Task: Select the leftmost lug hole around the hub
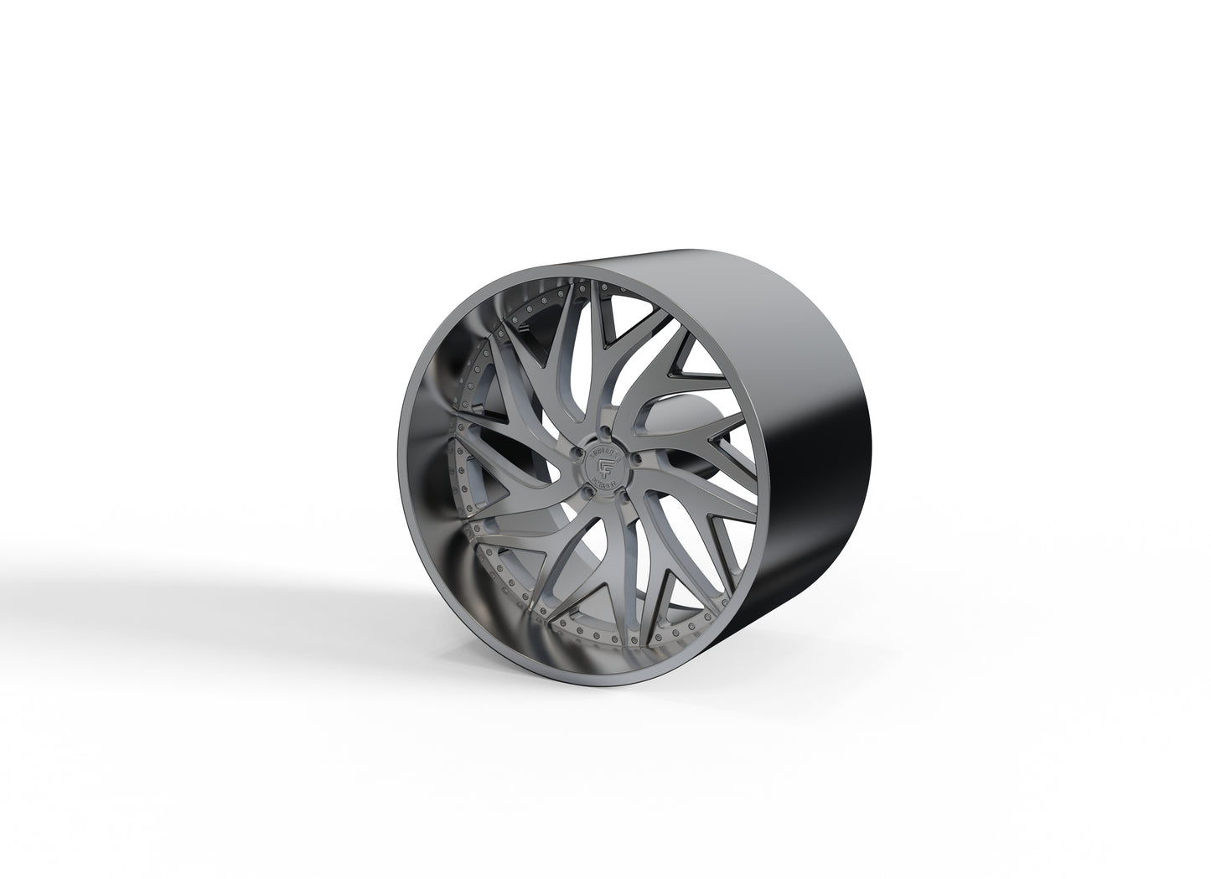tap(578, 452)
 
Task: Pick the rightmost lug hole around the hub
tap(637, 459)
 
